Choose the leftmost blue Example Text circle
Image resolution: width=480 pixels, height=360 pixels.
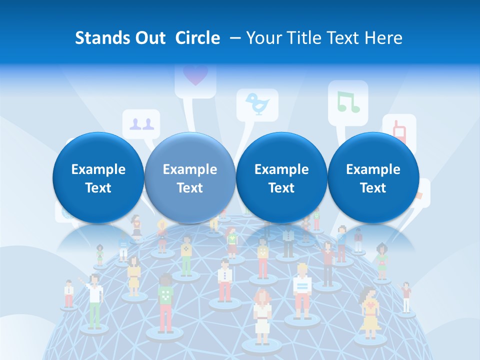point(98,178)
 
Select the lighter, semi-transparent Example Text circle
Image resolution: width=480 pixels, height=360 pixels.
point(189,178)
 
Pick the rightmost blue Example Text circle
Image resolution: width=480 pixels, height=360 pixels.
point(373,178)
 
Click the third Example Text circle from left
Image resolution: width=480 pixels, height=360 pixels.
point(281,178)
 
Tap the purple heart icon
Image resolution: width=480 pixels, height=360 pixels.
point(194,75)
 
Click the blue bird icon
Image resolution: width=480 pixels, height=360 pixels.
point(258,104)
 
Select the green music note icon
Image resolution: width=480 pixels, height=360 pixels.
point(348,101)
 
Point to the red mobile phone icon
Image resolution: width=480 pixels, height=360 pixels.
point(399,131)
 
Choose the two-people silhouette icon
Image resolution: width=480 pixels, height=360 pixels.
point(141,123)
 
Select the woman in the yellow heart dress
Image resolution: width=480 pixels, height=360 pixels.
point(369,312)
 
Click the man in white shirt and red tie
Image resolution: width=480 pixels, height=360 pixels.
point(225,280)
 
